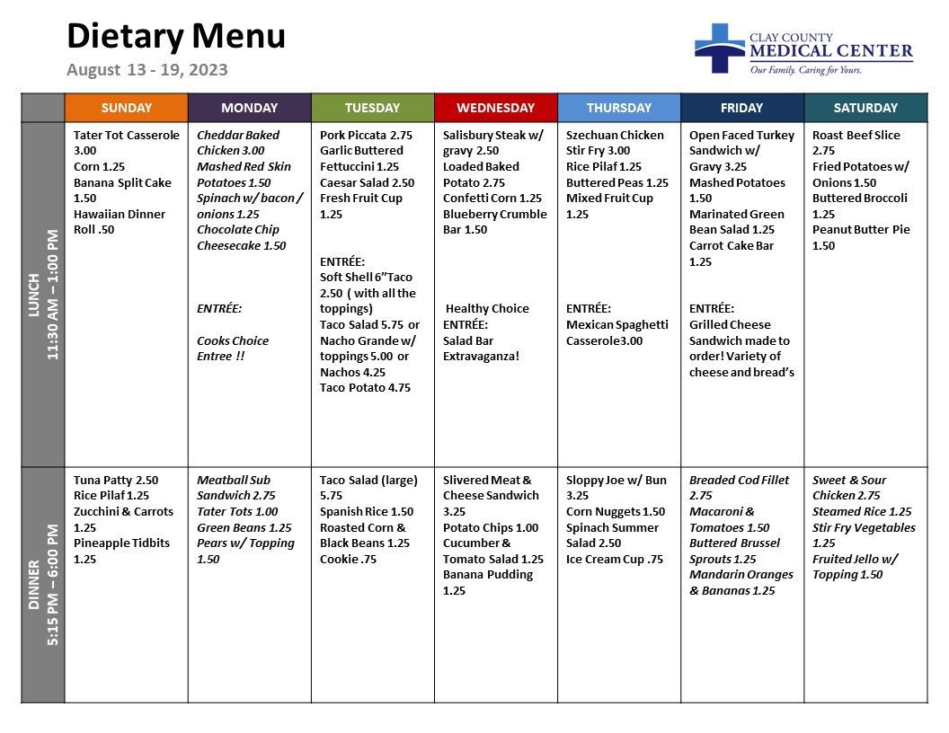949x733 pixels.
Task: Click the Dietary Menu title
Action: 176,37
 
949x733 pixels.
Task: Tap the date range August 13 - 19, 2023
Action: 146,70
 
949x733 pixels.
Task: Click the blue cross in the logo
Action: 719,49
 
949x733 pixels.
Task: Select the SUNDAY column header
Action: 126,108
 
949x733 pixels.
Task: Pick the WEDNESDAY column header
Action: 495,108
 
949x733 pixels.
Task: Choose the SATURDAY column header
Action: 865,108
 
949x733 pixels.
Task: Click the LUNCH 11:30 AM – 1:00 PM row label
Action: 42,295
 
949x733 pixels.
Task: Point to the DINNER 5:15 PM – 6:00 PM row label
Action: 42,584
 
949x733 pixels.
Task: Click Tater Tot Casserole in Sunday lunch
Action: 126,136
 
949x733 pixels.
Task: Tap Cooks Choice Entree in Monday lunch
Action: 233,349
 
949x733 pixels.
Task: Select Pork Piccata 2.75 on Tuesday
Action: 366,136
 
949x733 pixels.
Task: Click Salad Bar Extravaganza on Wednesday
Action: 481,349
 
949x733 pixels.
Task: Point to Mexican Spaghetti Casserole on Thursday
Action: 616,332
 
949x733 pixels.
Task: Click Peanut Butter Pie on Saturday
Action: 861,230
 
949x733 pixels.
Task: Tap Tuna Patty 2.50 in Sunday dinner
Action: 116,481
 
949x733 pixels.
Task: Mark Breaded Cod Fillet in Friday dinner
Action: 739,481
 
